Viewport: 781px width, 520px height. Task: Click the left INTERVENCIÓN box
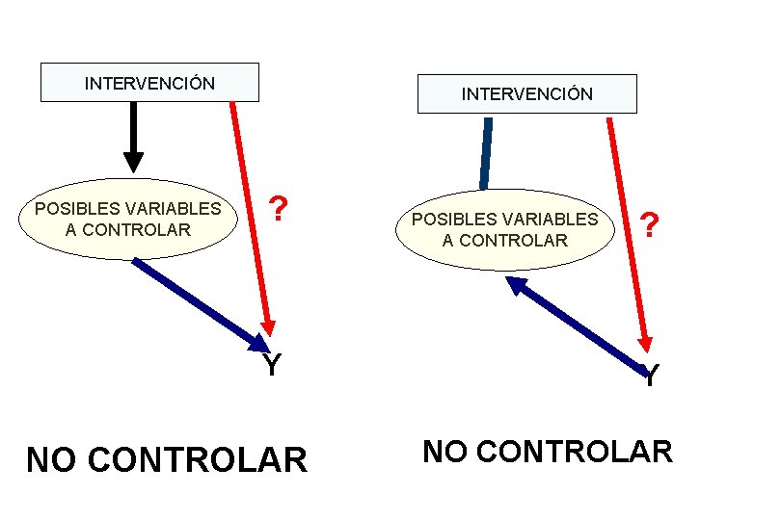click(149, 83)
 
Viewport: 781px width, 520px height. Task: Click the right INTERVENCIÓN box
click(526, 94)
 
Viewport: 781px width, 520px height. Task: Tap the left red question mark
click(279, 208)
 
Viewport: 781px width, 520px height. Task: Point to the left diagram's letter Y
click(273, 367)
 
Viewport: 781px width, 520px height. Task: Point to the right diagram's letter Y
click(652, 377)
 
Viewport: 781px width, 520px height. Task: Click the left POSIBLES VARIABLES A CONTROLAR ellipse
click(127, 220)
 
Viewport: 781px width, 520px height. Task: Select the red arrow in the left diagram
click(254, 221)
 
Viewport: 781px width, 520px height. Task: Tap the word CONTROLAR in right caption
click(575, 451)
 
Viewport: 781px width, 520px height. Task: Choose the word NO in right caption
click(445, 451)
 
